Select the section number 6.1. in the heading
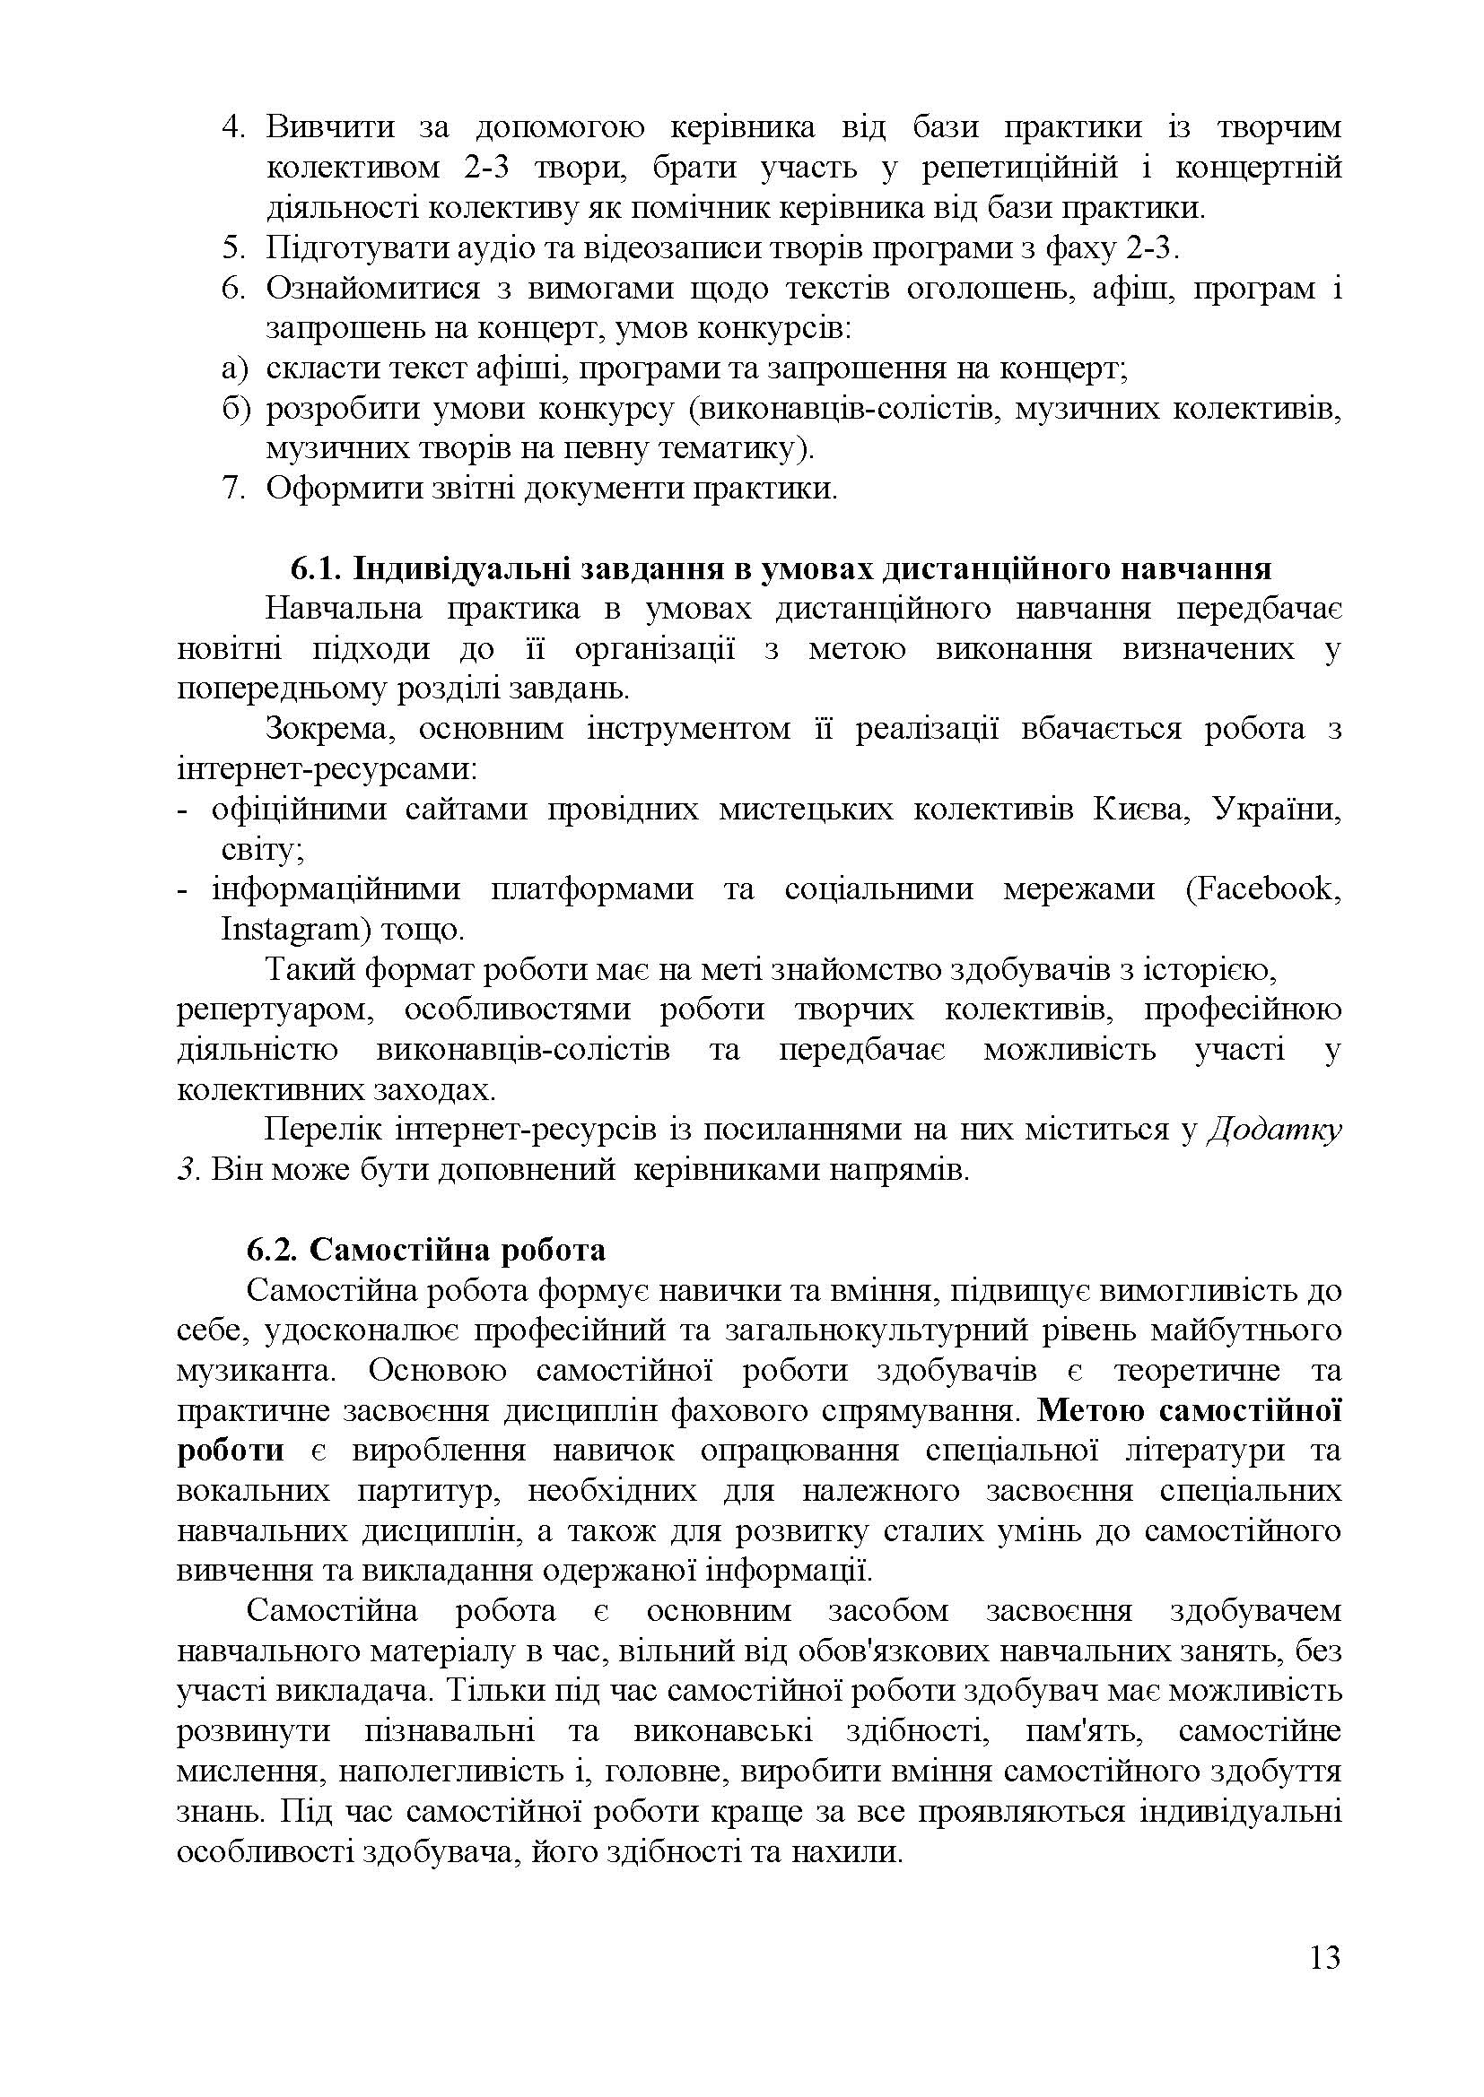point(315,568)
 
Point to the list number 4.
point(235,127)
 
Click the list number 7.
point(235,489)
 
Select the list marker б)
point(235,408)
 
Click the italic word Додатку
point(1275,1130)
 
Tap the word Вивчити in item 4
point(330,127)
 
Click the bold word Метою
point(1091,1411)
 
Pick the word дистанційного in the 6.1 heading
point(997,568)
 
